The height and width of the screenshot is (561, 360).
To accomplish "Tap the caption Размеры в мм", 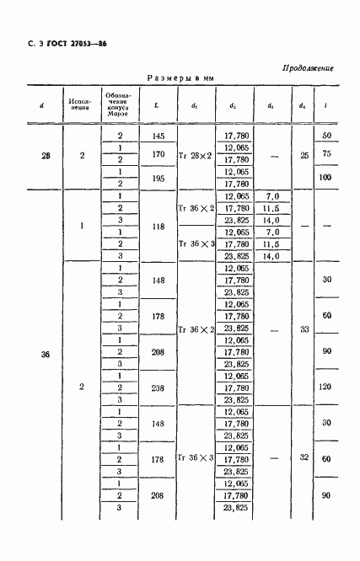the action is (181, 77).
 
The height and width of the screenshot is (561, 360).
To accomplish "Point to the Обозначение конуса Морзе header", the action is (119, 105).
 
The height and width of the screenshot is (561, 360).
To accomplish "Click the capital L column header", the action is (156, 105).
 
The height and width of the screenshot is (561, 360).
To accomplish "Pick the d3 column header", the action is (270, 105).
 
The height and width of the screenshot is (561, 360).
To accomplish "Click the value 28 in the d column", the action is (41, 156).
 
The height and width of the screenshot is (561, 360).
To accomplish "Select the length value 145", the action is (156, 136).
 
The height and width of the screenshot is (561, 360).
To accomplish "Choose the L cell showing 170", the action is (156, 154).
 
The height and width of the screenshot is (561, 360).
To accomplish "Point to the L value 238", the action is (156, 389).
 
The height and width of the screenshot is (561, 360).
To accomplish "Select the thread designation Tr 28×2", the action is (196, 156).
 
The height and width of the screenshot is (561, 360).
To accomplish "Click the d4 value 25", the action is (303, 156).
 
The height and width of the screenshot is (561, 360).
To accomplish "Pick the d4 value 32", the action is (303, 459).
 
